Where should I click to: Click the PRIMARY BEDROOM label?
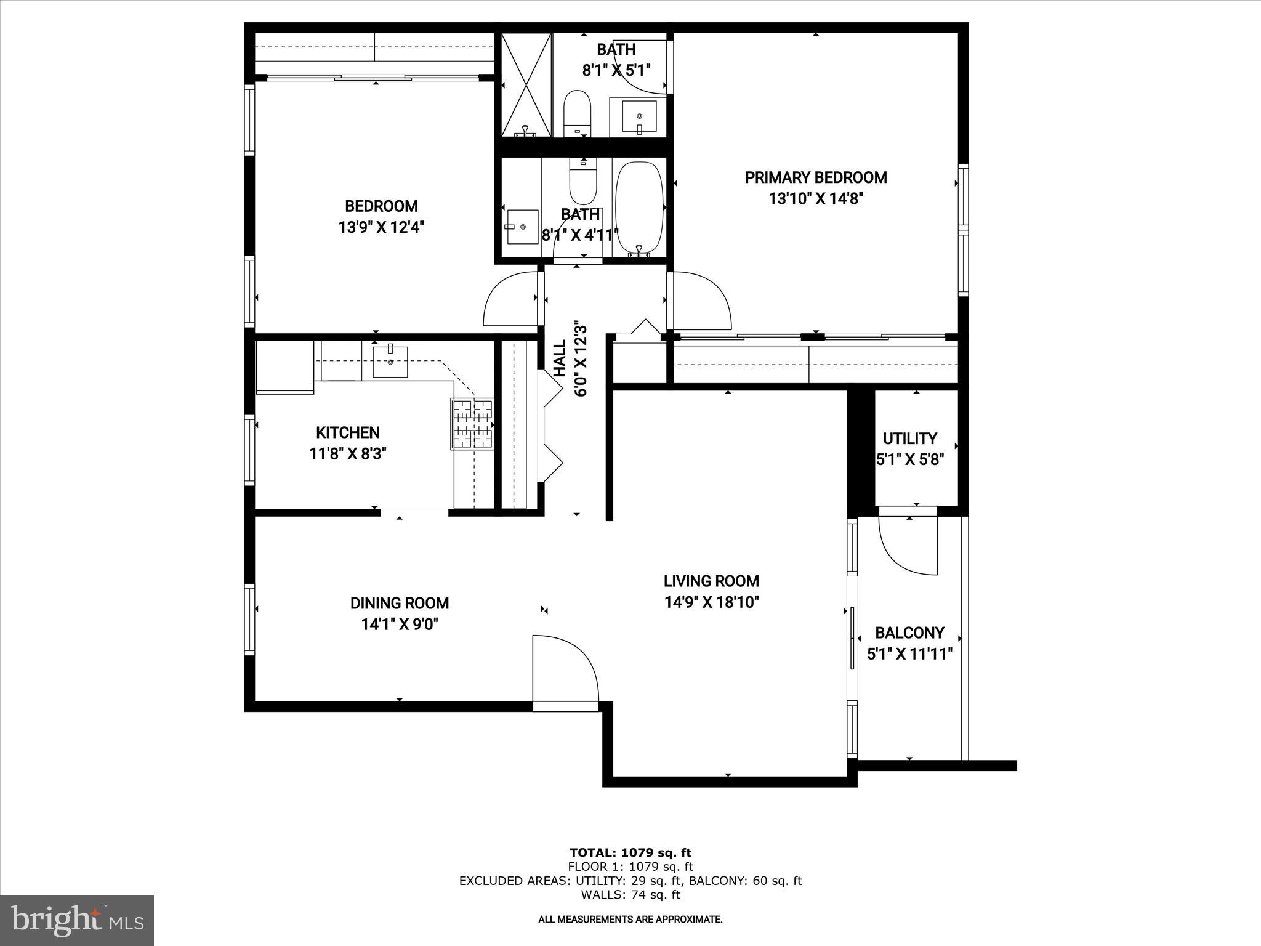[815, 177]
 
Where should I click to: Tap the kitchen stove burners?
[473, 424]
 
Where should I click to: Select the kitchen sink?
[390, 362]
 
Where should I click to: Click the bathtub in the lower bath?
[639, 208]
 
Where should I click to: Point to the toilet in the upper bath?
[578, 114]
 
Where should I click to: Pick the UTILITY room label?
[909, 439]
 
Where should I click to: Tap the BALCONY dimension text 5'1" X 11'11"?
[909, 654]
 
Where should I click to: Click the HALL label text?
[560, 359]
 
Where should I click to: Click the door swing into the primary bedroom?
[701, 301]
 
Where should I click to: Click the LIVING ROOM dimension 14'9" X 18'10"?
[711, 602]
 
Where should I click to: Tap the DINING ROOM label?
[400, 603]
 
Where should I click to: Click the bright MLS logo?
[77, 920]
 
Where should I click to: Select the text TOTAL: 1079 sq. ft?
[630, 852]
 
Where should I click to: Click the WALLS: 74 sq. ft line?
[630, 895]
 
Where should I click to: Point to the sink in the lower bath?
[522, 227]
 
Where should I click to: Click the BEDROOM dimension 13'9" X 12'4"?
[381, 227]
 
